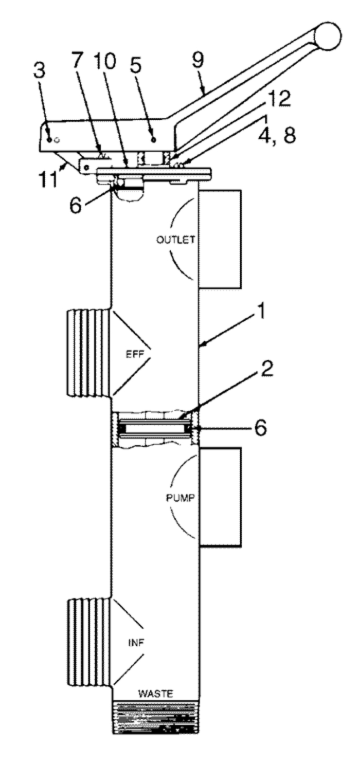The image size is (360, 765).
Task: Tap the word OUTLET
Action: pyautogui.click(x=176, y=240)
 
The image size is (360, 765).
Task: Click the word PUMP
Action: pyautogui.click(x=180, y=498)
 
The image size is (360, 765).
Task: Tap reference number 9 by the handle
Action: pyautogui.click(x=198, y=60)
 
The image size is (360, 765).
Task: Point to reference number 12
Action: pyautogui.click(x=278, y=99)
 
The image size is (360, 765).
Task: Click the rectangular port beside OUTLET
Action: pyautogui.click(x=220, y=239)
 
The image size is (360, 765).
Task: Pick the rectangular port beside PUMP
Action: pyautogui.click(x=220, y=498)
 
